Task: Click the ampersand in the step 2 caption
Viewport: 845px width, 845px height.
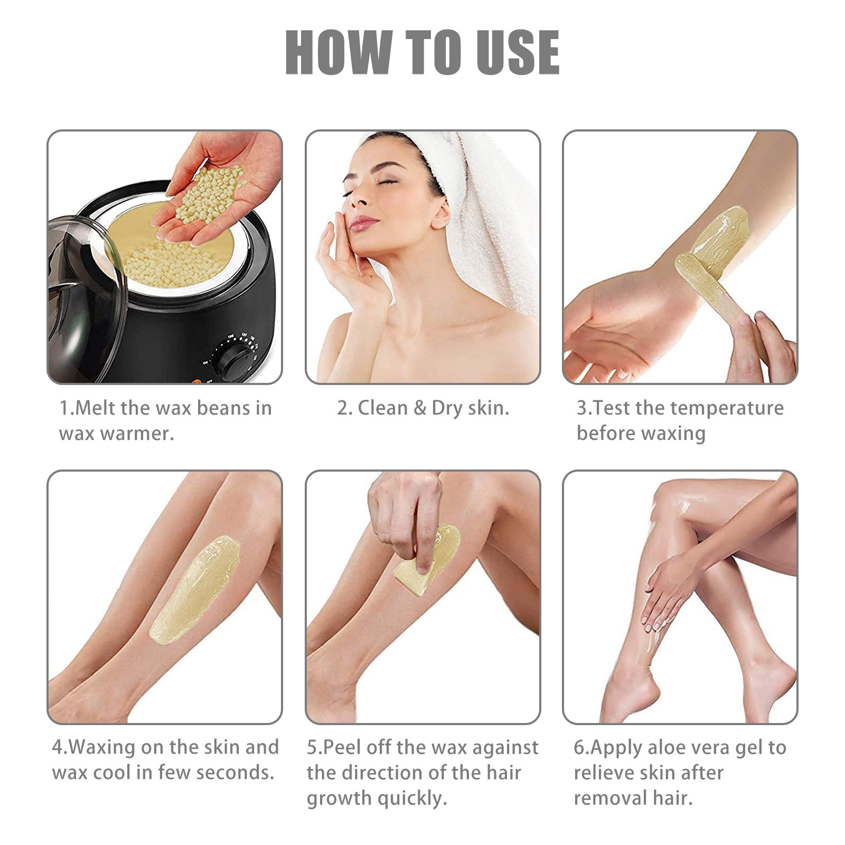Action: click(x=420, y=408)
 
